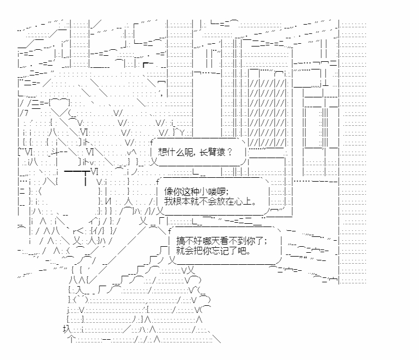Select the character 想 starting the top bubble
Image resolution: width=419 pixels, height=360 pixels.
tap(162, 153)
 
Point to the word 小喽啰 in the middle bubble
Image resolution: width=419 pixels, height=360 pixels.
tap(210, 191)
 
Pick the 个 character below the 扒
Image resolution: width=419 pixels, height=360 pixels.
tap(71, 339)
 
